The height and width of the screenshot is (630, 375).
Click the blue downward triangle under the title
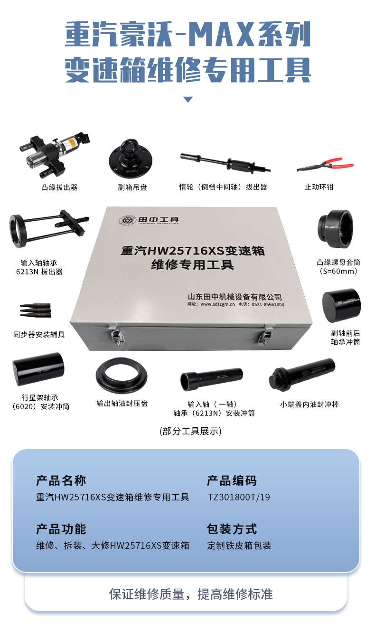(x=188, y=99)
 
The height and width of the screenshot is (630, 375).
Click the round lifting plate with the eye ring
(x=131, y=159)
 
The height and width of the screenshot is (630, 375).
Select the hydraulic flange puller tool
(x=55, y=155)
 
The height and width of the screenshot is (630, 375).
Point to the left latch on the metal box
(x=117, y=335)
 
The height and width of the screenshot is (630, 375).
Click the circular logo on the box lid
(x=127, y=220)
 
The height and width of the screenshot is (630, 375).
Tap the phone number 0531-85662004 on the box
(x=268, y=304)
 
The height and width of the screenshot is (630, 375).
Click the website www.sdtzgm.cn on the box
(x=217, y=304)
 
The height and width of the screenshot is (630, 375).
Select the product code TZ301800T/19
(x=239, y=497)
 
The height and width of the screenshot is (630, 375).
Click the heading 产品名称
(x=61, y=480)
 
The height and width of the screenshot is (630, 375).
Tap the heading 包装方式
(x=232, y=529)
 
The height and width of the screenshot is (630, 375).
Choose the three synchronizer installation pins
(x=36, y=310)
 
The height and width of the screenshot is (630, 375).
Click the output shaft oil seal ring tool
(x=122, y=376)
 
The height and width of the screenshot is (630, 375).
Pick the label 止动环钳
(x=319, y=187)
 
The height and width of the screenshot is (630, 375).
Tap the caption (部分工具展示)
(x=191, y=431)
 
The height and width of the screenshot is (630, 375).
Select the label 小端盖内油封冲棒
(x=309, y=404)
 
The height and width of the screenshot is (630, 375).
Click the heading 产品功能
(x=61, y=529)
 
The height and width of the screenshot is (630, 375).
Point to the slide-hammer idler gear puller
(x=225, y=163)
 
